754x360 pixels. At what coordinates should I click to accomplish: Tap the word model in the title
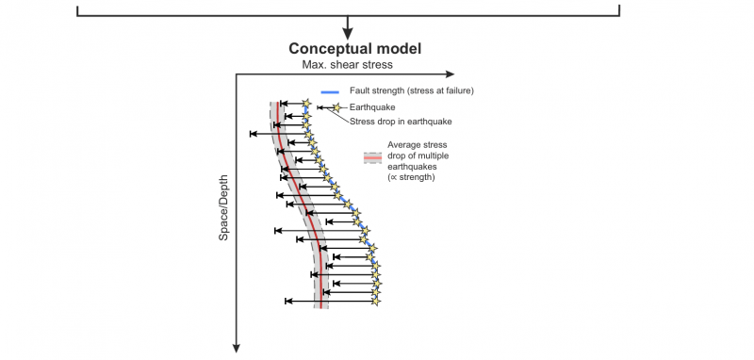(395, 49)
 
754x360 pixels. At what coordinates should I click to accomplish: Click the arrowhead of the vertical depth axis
(237, 347)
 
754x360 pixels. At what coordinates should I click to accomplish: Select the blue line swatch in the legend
(330, 91)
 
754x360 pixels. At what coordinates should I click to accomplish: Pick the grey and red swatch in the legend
(372, 158)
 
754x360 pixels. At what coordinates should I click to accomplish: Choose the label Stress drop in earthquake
(401, 122)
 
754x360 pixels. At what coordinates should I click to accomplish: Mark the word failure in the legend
(457, 91)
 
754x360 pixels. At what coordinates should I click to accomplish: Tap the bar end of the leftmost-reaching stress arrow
(252, 135)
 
